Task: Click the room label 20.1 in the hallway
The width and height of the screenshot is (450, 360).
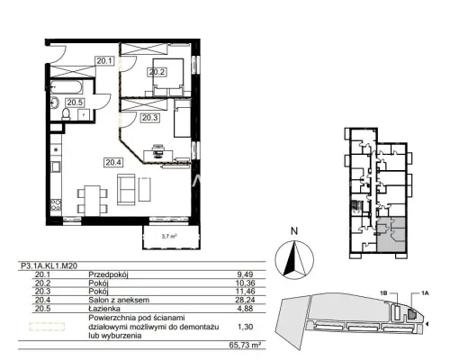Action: pyautogui.click(x=104, y=61)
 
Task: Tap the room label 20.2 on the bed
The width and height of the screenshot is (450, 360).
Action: pyautogui.click(x=157, y=72)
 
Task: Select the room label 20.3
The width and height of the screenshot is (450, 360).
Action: pyautogui.click(x=150, y=118)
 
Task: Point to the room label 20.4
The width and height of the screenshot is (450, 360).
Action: pyautogui.click(x=114, y=162)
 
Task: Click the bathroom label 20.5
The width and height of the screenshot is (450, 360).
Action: pyautogui.click(x=75, y=103)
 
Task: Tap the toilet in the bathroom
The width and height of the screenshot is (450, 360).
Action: pyautogui.click(x=66, y=114)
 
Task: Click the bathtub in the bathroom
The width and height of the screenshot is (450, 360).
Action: pyautogui.click(x=67, y=86)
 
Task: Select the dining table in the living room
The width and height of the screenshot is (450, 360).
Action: pyautogui.click(x=93, y=201)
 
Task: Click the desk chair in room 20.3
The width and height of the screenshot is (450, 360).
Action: pyautogui.click(x=158, y=151)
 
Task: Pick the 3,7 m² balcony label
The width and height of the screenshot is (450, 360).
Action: pyautogui.click(x=168, y=237)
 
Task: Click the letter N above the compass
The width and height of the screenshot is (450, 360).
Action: pyautogui.click(x=294, y=231)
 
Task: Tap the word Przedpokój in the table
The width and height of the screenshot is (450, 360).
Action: pyautogui.click(x=108, y=274)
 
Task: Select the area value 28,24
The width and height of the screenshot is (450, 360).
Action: pyautogui.click(x=246, y=300)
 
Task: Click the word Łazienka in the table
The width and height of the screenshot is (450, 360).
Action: pyautogui.click(x=104, y=309)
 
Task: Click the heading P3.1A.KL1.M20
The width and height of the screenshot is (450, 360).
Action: pyautogui.click(x=49, y=265)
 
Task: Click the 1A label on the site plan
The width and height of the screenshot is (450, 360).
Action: pyautogui.click(x=424, y=293)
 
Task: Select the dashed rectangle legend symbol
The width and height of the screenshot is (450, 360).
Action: pyautogui.click(x=47, y=327)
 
